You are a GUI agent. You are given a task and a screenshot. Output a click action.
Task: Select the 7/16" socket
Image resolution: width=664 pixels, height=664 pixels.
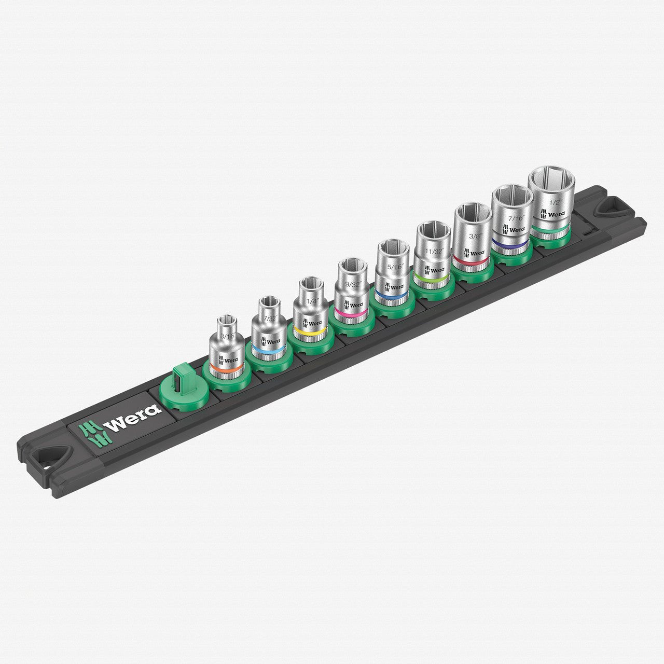[x=511, y=218]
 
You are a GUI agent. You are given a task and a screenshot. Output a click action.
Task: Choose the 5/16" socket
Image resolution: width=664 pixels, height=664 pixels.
[x=394, y=272]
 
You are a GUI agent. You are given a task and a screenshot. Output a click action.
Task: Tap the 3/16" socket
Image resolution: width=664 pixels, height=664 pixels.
[x=226, y=348]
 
